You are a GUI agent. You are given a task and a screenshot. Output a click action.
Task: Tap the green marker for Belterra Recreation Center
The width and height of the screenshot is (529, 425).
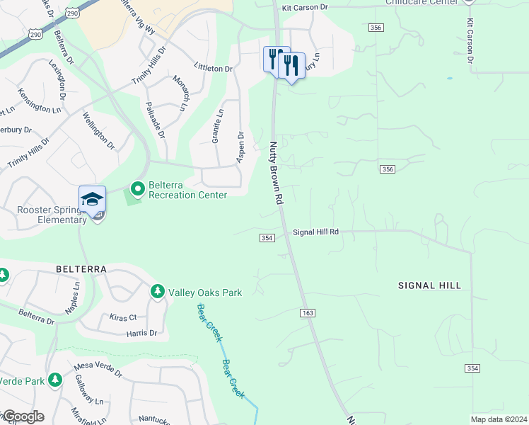(x=136, y=189)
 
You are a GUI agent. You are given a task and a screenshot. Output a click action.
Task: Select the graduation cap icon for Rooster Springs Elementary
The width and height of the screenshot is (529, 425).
(x=92, y=199)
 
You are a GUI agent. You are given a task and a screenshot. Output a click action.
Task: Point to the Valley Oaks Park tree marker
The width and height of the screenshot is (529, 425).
(x=157, y=292)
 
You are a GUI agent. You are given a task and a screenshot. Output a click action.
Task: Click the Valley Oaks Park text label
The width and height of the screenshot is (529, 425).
(x=205, y=293)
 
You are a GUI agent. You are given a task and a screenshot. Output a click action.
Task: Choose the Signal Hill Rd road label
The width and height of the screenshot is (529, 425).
(x=316, y=232)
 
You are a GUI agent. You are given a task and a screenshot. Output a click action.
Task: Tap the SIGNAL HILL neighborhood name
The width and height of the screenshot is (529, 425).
(x=430, y=285)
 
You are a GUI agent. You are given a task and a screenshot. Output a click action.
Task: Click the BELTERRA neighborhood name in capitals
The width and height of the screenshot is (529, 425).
(x=81, y=270)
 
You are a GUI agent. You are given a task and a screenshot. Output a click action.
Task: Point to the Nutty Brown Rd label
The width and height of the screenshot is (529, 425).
(x=275, y=174)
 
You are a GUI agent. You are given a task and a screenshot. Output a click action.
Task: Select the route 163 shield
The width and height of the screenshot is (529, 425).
(x=307, y=312)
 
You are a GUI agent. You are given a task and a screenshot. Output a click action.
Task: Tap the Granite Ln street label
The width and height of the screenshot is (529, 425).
(x=217, y=127)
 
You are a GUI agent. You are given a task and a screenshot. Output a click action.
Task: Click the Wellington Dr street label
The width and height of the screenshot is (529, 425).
(x=98, y=130)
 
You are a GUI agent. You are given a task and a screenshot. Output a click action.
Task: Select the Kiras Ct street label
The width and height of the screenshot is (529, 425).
(x=123, y=317)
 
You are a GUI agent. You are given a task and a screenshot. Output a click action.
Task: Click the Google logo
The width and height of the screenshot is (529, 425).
(x=23, y=416)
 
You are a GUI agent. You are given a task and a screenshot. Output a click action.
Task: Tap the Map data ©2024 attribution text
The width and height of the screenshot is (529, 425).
(x=499, y=419)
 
